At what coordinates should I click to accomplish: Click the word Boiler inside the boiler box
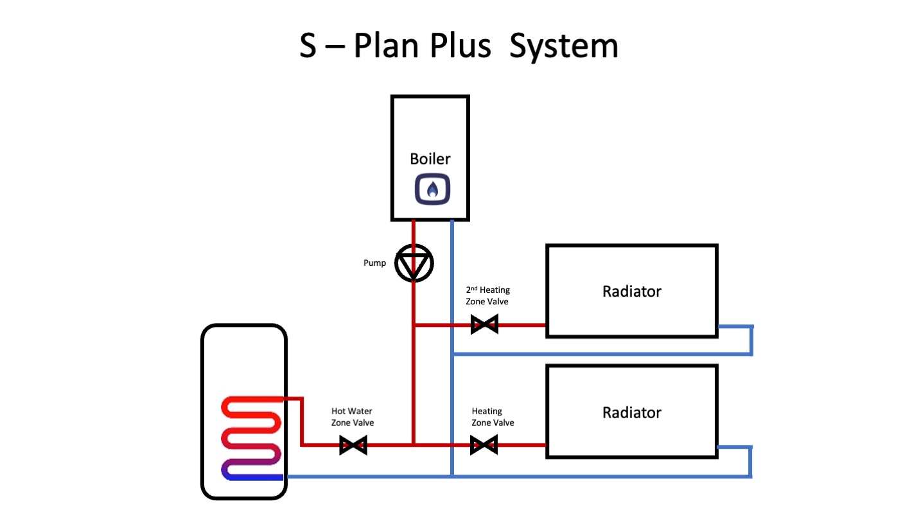[x=430, y=159]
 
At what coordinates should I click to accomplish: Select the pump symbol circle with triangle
[x=414, y=263]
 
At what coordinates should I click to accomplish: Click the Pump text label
[x=375, y=263]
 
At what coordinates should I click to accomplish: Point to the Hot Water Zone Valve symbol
[x=353, y=444]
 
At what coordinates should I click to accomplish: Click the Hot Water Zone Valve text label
[x=352, y=417]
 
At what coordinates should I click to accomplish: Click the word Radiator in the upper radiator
[x=631, y=291]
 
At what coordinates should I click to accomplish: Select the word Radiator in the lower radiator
[x=631, y=412]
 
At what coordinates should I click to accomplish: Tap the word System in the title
[x=563, y=47]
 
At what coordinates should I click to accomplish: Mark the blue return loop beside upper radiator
[x=750, y=340]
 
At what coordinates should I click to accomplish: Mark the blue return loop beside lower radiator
[x=749, y=462]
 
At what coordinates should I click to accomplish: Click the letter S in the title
[x=308, y=47]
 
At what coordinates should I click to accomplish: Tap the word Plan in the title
[x=385, y=47]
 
